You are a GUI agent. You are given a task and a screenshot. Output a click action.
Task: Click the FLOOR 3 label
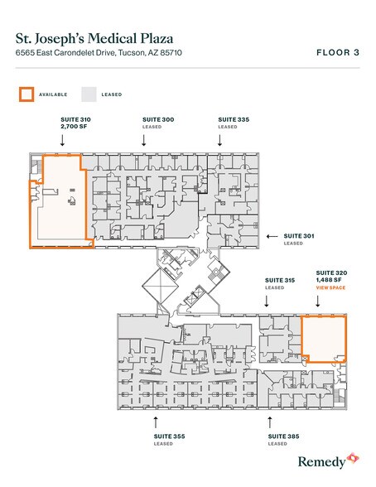click(x=337, y=53)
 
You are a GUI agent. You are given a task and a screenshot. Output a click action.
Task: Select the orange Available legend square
click(x=27, y=94)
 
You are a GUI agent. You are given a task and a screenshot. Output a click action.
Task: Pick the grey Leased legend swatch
click(x=89, y=94)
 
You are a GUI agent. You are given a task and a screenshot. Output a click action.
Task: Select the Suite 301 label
click(x=299, y=236)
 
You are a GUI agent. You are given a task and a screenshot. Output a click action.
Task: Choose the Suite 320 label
click(x=330, y=272)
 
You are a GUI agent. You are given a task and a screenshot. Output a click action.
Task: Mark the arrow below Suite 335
click(x=220, y=140)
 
